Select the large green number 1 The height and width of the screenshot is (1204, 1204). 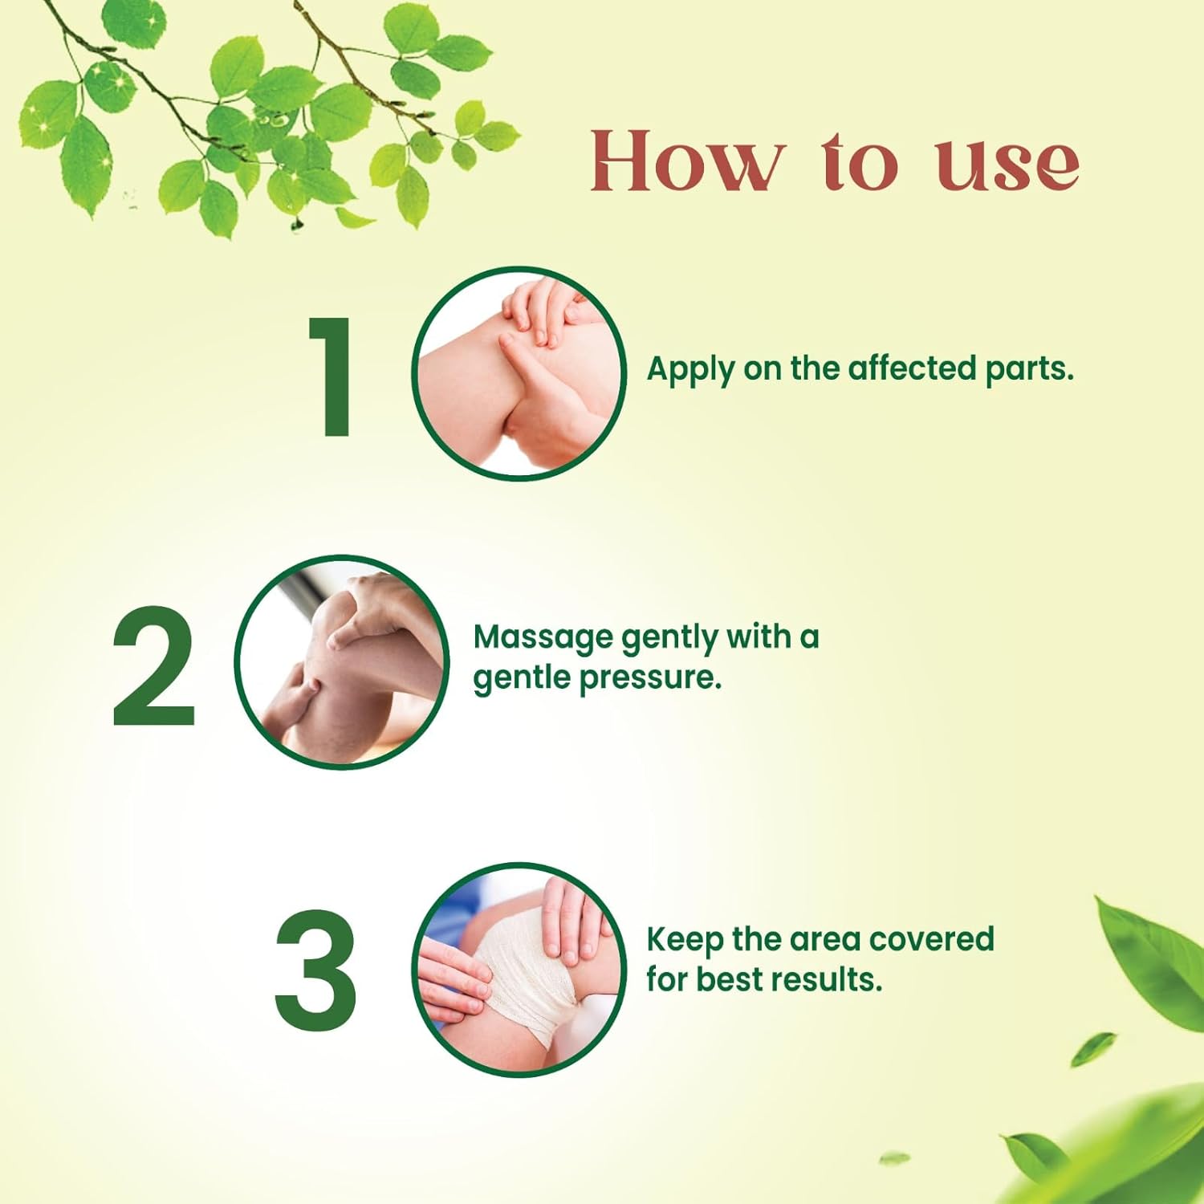tap(332, 376)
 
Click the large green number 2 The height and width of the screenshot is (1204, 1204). tap(153, 665)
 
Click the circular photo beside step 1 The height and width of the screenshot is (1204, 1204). tap(519, 374)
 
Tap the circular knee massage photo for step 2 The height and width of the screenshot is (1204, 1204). tap(342, 662)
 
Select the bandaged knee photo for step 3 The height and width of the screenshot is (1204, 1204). tap(519, 970)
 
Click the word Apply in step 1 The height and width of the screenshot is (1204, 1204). tap(691, 370)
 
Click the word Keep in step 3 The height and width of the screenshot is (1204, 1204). tap(684, 940)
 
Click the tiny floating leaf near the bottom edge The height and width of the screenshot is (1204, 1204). tap(894, 1158)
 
